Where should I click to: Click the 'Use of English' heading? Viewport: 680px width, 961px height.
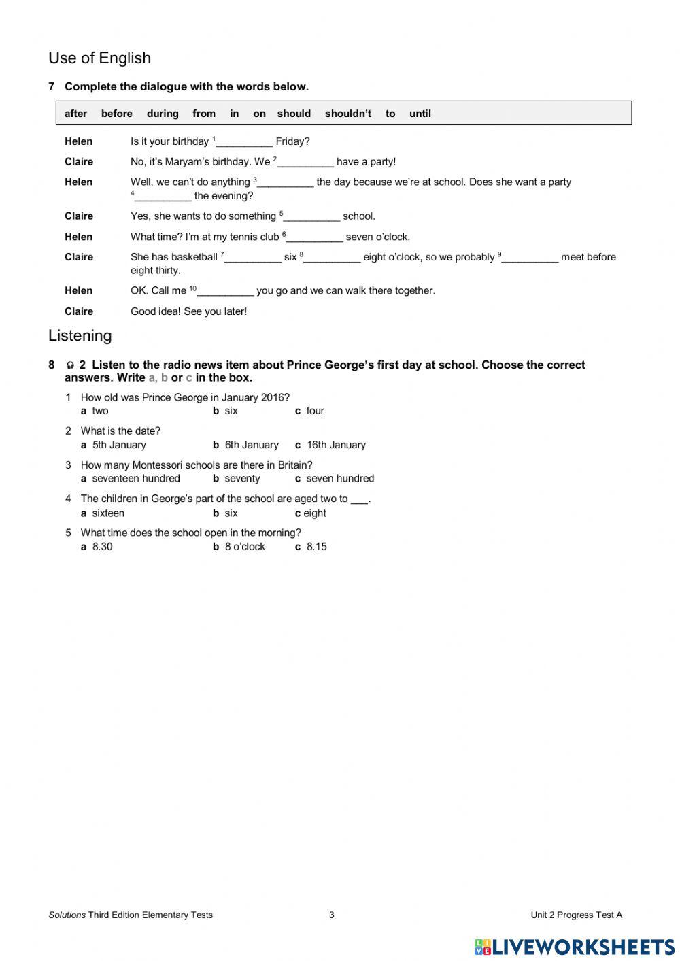pos(99,58)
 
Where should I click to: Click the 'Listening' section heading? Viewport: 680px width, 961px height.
pos(80,336)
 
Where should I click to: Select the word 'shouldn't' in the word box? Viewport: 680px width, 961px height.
pos(347,114)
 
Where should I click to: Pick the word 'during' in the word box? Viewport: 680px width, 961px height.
pos(163,114)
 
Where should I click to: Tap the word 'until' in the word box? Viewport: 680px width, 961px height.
pos(420,114)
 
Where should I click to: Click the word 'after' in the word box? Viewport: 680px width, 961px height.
pos(75,114)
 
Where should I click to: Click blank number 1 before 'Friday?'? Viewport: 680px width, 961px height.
pos(244,142)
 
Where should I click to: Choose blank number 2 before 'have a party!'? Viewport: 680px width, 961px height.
pos(305,162)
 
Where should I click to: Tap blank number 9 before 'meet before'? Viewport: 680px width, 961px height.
pos(530,258)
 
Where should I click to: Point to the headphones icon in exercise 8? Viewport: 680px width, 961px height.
pos(70,366)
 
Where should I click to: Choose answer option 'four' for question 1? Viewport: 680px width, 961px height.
pos(315,411)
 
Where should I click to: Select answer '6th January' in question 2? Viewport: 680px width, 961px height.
pos(251,445)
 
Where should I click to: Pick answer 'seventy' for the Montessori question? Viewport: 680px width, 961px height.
pos(242,479)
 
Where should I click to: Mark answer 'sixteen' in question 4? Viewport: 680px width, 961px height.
pos(107,513)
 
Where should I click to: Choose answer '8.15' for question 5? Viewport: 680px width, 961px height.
pos(316,547)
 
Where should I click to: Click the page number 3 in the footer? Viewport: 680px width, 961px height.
pos(332,915)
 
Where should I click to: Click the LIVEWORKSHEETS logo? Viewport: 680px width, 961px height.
pos(575,947)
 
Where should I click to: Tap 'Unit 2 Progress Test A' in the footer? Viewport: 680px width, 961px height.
pos(576,915)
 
